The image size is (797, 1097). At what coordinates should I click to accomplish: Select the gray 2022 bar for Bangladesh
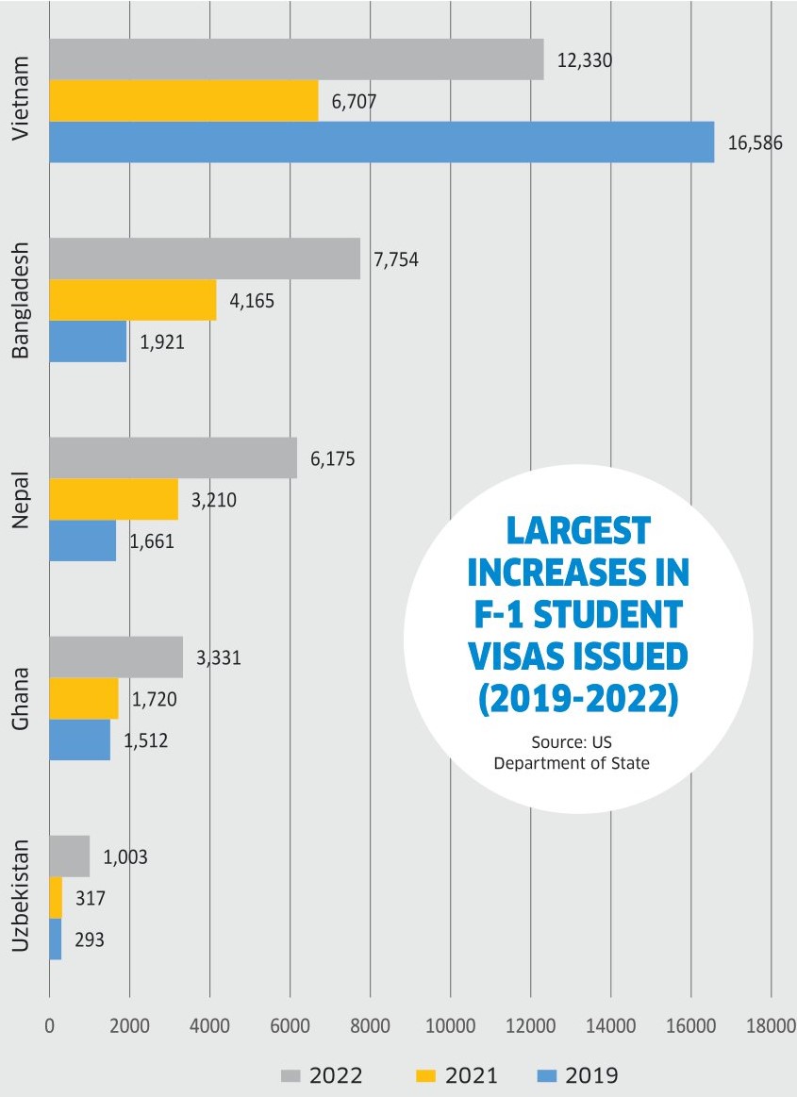pyautogui.click(x=204, y=258)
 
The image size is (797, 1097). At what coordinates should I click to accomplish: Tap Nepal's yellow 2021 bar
pyautogui.click(x=113, y=500)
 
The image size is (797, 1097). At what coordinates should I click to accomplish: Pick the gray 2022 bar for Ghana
pyautogui.click(x=115, y=657)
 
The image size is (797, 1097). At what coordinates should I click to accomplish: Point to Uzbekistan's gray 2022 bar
pyautogui.click(x=69, y=856)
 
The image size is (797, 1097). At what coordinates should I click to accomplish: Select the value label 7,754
pyautogui.click(x=396, y=260)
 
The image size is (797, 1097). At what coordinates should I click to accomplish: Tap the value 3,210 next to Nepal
pyautogui.click(x=213, y=499)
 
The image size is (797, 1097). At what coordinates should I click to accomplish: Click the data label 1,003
pyautogui.click(x=125, y=857)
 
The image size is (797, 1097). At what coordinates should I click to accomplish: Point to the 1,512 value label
pyautogui.click(x=145, y=740)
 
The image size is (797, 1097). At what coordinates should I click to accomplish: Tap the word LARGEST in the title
pyautogui.click(x=577, y=531)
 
